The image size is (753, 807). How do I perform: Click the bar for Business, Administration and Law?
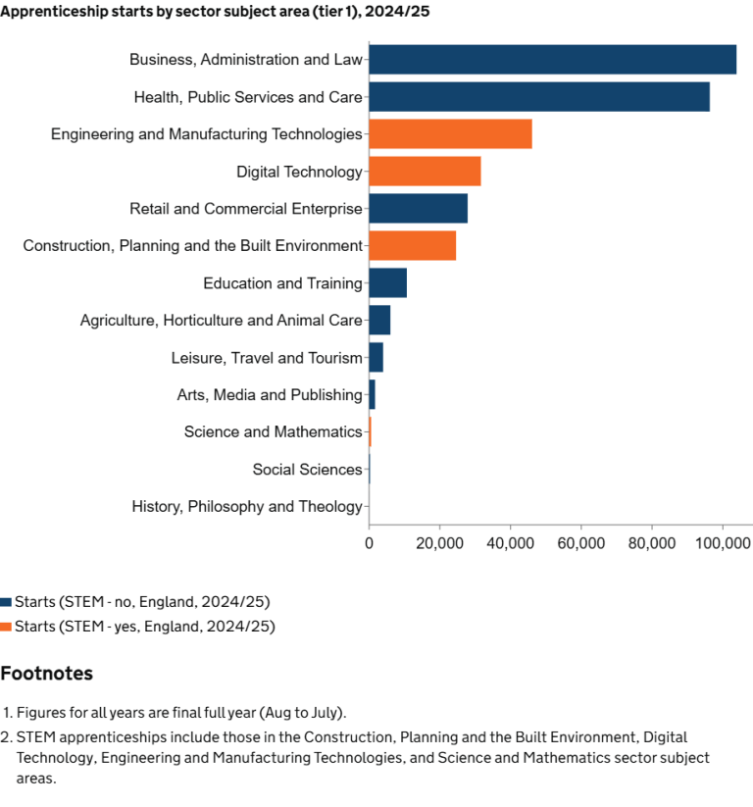point(552,60)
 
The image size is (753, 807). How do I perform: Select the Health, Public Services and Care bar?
point(539,97)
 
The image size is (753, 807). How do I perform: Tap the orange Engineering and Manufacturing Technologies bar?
point(450,134)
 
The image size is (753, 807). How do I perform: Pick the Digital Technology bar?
point(425,172)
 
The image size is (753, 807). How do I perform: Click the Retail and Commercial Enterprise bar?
point(418,209)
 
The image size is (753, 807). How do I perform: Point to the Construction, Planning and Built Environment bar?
point(412,246)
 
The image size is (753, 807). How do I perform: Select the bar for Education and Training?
point(387,283)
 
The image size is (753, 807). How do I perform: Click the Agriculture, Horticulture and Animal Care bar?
point(379,321)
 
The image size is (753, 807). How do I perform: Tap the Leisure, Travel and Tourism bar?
point(376,358)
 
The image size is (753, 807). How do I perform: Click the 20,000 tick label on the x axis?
point(439,541)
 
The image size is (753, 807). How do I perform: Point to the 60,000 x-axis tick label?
point(580,541)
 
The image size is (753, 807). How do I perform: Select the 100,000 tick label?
point(723,541)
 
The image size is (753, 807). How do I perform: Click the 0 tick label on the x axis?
point(369,541)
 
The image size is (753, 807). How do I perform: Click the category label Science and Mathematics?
point(273,432)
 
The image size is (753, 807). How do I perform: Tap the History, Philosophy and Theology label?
point(247,507)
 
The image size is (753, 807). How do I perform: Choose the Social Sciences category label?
point(307,470)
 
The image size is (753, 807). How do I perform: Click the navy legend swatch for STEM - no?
point(6,602)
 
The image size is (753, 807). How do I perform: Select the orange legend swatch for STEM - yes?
point(6,627)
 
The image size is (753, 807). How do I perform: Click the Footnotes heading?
point(46,674)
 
